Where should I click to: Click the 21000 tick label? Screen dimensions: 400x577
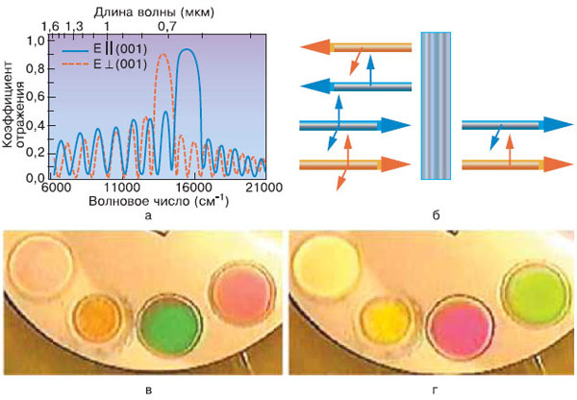tap(263, 190)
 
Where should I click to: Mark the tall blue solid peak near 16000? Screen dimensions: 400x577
tap(188, 50)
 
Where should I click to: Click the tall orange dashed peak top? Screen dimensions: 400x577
tap(163, 56)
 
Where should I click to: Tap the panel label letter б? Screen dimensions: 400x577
tap(435, 216)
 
